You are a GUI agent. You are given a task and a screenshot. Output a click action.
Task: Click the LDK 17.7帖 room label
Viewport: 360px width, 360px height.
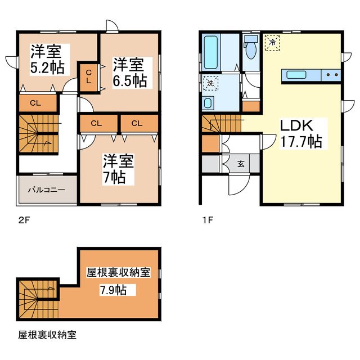pyautogui.click(x=300, y=133)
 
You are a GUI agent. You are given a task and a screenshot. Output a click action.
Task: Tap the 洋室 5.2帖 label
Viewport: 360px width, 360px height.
pyautogui.click(x=47, y=60)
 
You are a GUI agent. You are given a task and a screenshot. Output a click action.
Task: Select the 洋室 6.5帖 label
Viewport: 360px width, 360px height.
pyautogui.click(x=129, y=72)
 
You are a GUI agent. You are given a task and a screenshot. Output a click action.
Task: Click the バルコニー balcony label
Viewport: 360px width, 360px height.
pyautogui.click(x=47, y=190)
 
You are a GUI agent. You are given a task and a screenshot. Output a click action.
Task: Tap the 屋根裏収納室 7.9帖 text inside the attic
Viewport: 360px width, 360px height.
pyautogui.click(x=117, y=281)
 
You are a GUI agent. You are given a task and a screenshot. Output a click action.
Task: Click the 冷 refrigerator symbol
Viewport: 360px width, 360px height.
pyautogui.click(x=273, y=42)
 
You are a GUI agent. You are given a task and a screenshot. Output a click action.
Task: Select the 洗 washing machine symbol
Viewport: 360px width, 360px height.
pyautogui.click(x=209, y=83)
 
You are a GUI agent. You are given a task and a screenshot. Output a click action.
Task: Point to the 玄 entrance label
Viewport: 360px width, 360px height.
pyautogui.click(x=241, y=164)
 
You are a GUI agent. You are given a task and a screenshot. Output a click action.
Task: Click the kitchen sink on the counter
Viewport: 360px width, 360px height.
pyautogui.click(x=296, y=74)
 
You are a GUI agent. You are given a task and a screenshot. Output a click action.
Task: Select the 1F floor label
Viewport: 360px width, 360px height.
pyautogui.click(x=206, y=219)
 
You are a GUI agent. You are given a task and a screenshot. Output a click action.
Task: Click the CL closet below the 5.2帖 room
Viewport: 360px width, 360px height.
pyautogui.click(x=35, y=103)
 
